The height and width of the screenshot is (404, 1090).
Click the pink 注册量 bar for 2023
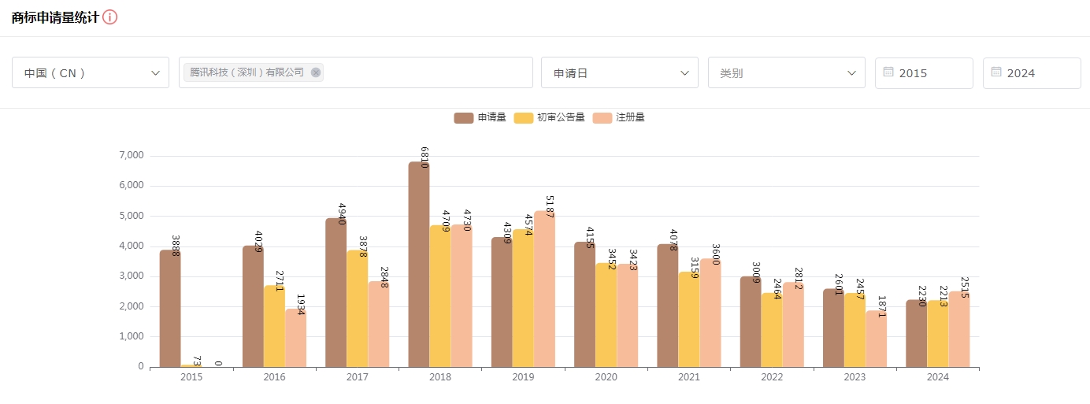coord(876,339)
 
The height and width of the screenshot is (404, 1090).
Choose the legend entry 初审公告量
coord(550,117)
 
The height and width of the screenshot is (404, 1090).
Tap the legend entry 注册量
coord(619,117)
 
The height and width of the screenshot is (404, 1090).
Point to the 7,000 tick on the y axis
coord(131,156)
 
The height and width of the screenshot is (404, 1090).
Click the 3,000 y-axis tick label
coord(131,276)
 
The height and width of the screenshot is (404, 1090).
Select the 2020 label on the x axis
coord(606,377)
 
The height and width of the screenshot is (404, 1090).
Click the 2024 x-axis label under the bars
coord(938,377)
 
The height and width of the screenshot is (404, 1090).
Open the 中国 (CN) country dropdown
coord(91,72)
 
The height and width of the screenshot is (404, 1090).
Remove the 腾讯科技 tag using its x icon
coord(316,72)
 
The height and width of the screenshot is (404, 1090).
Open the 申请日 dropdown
coord(619,72)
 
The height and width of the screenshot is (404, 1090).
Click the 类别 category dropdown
coord(786,72)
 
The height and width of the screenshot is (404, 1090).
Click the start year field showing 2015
coord(924,72)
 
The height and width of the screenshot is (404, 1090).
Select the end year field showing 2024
coord(1032,72)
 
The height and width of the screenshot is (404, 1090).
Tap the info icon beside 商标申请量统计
coord(110,17)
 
